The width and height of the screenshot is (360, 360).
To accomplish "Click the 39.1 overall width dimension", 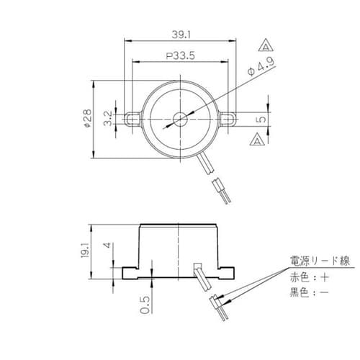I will tap(179, 33).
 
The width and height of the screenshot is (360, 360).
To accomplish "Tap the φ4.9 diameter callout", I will tap(258, 70).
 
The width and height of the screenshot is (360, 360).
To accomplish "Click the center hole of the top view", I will tap(178, 117).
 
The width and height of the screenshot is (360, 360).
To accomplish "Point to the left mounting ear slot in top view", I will tap(130, 117).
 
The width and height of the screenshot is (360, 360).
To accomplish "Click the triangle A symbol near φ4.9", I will tap(267, 47).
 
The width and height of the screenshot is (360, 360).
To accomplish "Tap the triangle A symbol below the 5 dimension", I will tap(257, 140).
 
